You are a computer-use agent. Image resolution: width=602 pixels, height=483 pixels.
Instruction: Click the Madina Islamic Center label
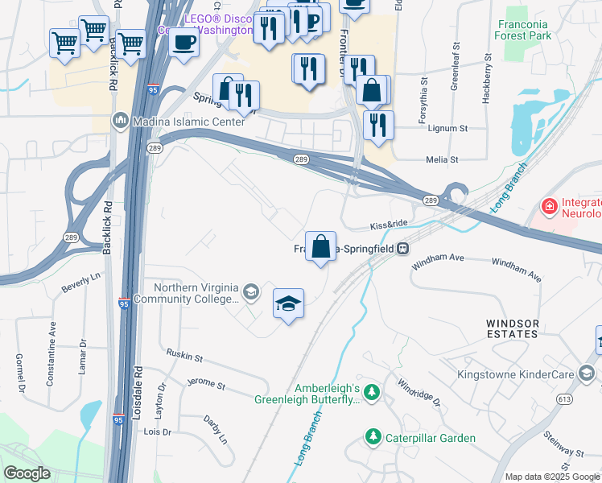179,121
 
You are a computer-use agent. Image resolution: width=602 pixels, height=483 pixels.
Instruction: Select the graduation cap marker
288,303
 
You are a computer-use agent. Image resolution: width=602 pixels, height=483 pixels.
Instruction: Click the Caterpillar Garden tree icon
373,438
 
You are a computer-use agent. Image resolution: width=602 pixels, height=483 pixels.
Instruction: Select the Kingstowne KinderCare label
515,374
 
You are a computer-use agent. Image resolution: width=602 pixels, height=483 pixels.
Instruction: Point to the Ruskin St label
184,354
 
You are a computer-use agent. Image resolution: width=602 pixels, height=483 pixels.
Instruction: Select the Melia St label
442,160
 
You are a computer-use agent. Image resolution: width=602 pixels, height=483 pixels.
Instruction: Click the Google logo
27,473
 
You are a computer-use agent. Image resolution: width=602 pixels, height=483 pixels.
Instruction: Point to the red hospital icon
550,207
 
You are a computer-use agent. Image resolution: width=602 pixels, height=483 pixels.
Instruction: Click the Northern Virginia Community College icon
250,291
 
